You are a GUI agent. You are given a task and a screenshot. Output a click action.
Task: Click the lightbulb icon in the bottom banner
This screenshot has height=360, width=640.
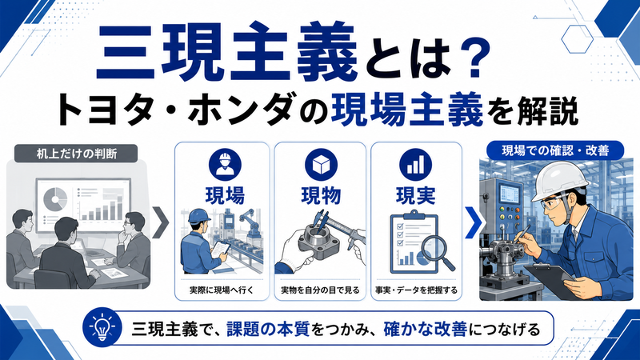[102, 327]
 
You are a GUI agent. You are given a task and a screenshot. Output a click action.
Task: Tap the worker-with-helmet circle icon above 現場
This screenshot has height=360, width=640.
[225, 165]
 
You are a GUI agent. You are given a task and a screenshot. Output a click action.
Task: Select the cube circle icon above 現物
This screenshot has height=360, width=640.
[321, 165]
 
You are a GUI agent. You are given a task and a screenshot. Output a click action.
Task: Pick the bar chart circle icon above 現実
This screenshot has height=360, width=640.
[415, 165]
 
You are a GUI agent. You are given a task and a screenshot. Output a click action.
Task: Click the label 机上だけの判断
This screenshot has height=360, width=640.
[77, 154]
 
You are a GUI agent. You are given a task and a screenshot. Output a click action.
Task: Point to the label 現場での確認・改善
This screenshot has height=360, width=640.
[555, 150]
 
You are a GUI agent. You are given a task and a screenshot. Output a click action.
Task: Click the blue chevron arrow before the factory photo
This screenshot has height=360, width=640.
[474, 223]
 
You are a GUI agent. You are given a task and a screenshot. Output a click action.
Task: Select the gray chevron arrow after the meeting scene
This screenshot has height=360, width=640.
[161, 223]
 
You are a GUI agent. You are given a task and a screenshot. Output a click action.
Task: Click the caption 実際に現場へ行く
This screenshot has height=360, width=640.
[222, 290]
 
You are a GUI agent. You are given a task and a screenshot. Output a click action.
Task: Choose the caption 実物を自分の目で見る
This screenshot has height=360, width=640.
[321, 290]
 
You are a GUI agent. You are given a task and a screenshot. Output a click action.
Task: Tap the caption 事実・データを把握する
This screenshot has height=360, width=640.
[416, 290]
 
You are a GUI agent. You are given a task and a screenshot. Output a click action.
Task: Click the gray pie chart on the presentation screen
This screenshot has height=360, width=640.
[55, 198]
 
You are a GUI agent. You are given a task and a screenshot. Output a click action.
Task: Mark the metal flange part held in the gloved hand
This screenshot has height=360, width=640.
[319, 241]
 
